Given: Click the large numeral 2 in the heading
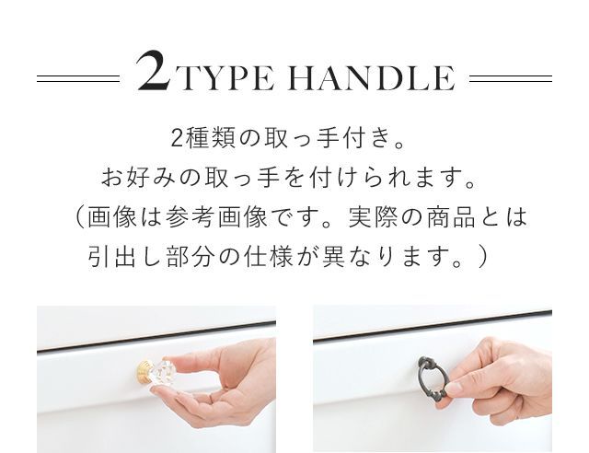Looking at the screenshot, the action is point(154,72).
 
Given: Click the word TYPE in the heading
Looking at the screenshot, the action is point(227,78).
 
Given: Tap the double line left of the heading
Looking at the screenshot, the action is point(78,78).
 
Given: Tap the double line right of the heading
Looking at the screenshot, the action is point(511,78).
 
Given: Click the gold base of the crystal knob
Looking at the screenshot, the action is point(144,372).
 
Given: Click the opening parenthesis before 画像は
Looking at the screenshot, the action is point(80,217).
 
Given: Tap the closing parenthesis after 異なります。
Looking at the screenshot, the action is point(482,258).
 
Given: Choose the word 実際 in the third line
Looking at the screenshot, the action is point(373,217).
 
